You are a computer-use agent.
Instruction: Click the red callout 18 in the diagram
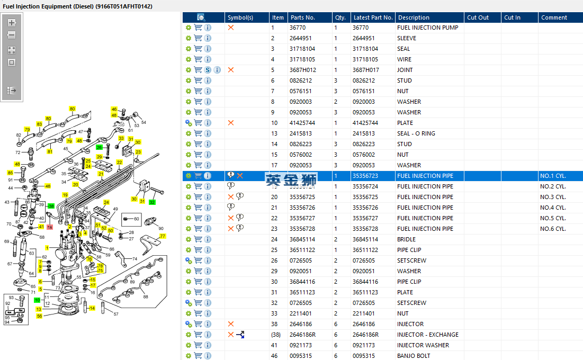[50, 227]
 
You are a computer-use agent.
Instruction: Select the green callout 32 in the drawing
[153, 202]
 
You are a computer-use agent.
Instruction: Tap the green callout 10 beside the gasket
[37, 300]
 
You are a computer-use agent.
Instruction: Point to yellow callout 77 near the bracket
[163, 236]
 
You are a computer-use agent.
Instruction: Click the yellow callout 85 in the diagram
[10, 173]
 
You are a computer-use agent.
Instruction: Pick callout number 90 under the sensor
[161, 228]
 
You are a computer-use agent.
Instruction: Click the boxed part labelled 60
[131, 219]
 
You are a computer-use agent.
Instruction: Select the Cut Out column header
[478, 17]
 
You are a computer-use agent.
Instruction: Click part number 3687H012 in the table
[302, 70]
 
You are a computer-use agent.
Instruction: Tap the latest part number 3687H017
[365, 70]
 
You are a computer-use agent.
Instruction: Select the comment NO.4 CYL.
[553, 208]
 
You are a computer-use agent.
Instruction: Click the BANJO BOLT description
[414, 356]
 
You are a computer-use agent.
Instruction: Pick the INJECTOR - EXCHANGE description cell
[427, 335]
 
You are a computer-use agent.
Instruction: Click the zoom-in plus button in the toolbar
[12, 23]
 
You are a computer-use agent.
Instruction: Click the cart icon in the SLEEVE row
[198, 38]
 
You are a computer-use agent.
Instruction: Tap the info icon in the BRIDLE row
[208, 239]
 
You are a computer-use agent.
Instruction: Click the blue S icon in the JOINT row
[208, 70]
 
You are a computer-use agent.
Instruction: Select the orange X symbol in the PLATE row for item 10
[231, 123]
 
